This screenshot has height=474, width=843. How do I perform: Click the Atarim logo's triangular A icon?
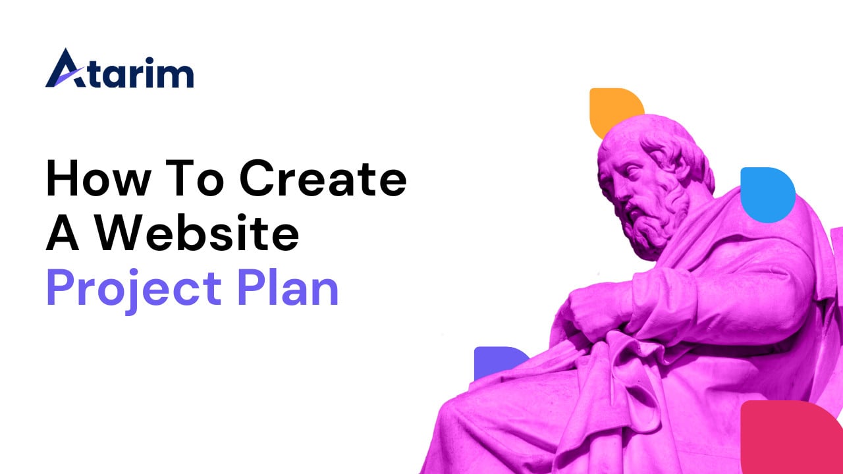click(65, 70)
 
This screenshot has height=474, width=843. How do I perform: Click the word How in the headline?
click(99, 178)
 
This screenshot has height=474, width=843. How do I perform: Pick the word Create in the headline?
click(323, 178)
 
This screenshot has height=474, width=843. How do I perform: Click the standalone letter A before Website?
click(63, 232)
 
